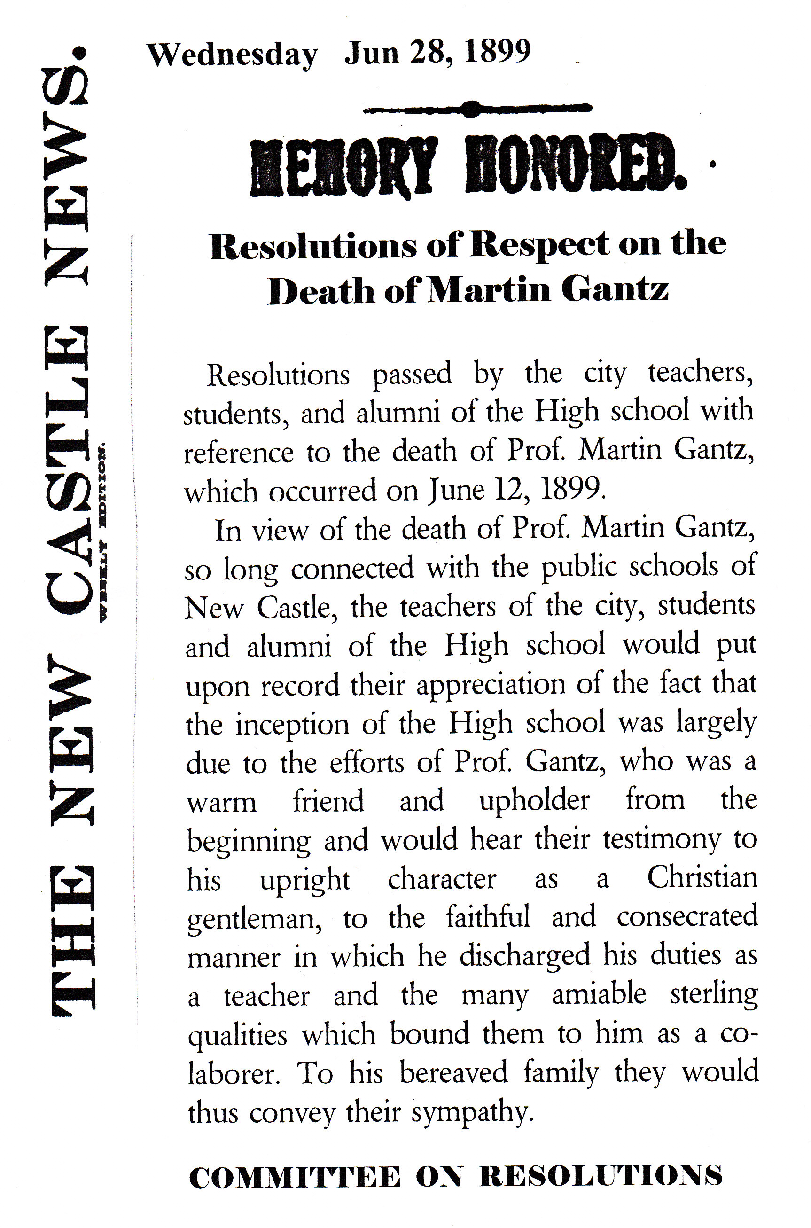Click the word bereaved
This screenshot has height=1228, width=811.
click(x=453, y=1072)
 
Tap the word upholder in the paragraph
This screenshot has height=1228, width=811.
click(x=534, y=801)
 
